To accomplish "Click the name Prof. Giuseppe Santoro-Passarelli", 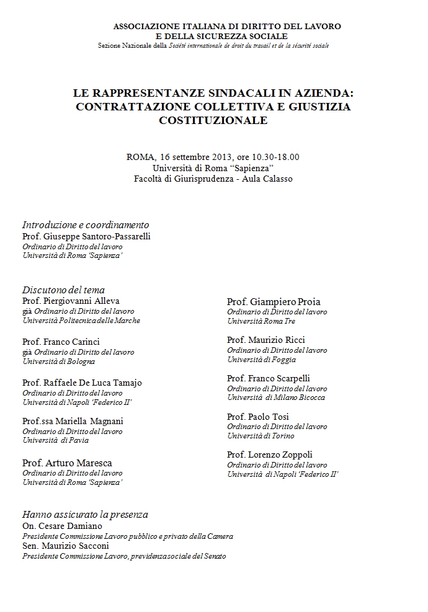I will (86, 236).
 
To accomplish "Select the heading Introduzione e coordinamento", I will (86, 224).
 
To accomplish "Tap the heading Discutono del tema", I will (63, 290).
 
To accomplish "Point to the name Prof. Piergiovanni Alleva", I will (71, 301).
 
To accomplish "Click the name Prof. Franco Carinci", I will (61, 342).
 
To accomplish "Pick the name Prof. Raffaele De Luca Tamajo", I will (82, 383).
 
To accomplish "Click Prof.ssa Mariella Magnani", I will (73, 421).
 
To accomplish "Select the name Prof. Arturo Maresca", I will (67, 463).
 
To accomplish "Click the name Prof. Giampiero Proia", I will (274, 301).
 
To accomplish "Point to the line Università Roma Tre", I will (261, 321).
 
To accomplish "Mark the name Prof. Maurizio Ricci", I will (266, 340).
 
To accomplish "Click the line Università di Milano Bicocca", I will (276, 397).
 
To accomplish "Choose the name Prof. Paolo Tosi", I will (258, 417).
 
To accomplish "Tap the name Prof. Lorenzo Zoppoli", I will (270, 455).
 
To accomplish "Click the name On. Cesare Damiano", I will (62, 526).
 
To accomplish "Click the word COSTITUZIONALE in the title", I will (213, 120).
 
